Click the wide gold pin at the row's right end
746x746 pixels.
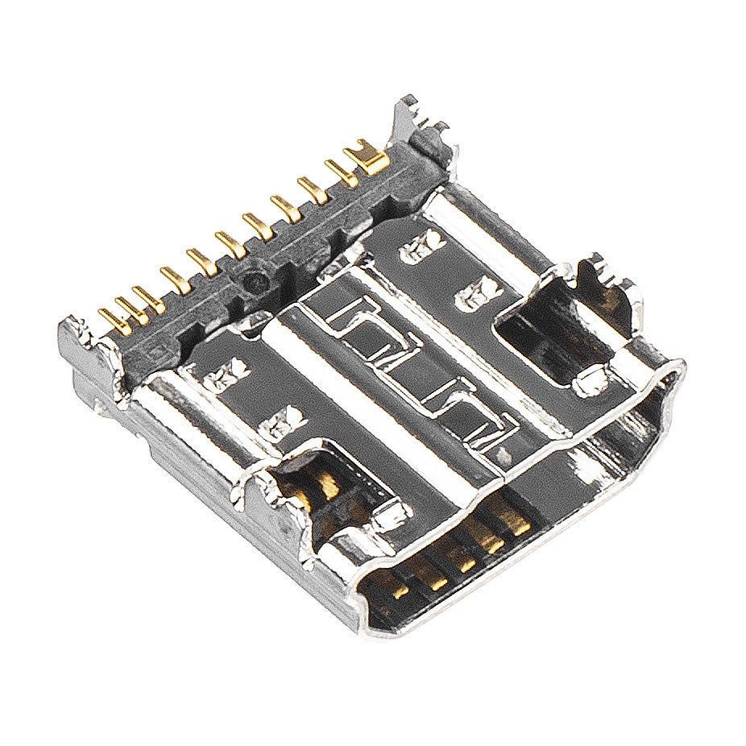367,157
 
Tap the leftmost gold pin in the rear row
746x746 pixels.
113,321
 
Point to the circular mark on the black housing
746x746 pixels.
255,282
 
